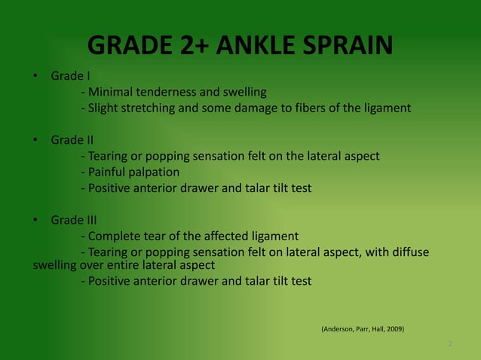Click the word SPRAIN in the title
(343, 46)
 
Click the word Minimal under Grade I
(112, 93)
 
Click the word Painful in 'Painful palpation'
(109, 172)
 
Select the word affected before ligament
(222, 236)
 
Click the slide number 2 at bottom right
(449, 344)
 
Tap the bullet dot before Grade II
(35, 140)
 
